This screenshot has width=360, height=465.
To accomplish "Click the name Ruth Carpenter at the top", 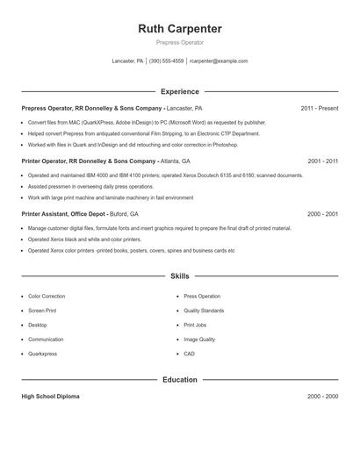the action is click(x=180, y=29).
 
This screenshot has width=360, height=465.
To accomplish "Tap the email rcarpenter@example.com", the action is click(x=219, y=61).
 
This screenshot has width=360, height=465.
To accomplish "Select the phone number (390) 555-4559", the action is click(x=167, y=61).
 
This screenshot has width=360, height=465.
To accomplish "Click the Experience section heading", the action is click(x=180, y=91).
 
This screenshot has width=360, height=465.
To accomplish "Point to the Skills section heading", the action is click(x=180, y=276).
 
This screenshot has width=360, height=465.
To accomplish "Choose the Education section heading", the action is click(x=180, y=380).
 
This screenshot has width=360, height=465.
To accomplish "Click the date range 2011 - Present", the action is click(x=319, y=108).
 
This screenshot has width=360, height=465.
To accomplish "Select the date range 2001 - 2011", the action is click(x=322, y=161).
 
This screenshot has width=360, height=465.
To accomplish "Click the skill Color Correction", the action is click(x=47, y=297).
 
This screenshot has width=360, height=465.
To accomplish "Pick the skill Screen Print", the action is click(x=42, y=311).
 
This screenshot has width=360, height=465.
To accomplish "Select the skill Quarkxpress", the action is click(x=43, y=354).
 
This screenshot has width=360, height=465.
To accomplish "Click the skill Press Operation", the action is click(x=202, y=297).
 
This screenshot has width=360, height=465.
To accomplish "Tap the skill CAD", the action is click(x=189, y=354).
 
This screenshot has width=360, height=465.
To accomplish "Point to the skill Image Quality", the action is click(x=199, y=340).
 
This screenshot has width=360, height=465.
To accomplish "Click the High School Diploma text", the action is click(x=50, y=397).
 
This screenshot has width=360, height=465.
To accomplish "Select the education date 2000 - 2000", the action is click(x=322, y=397).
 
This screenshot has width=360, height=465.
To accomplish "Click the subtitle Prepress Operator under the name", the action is click(x=180, y=43).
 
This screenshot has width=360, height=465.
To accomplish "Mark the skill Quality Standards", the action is click(x=204, y=311).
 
